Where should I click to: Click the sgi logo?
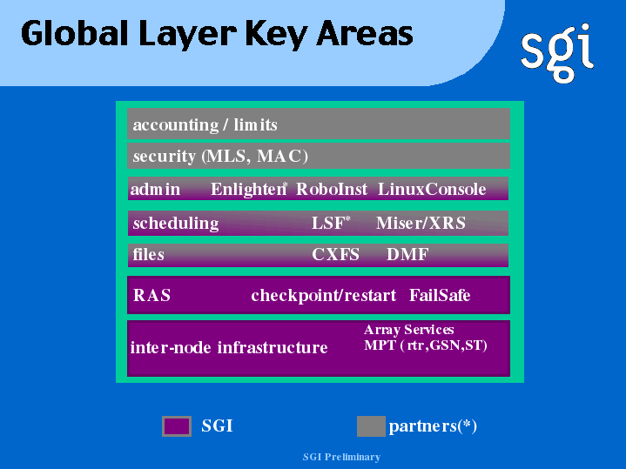point(557,53)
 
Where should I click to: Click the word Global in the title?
point(74,34)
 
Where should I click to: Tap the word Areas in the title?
point(365,34)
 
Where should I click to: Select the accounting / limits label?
point(205,125)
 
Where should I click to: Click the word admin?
point(155,189)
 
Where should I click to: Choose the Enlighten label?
point(248,189)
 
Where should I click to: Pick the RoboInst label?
point(332,189)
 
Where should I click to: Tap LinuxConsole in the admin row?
point(432,189)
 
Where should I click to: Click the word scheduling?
point(176,224)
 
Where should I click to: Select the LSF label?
point(331,223)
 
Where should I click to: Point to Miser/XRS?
point(421,223)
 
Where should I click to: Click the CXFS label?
point(335,254)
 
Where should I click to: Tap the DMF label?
point(407,254)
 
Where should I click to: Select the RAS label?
point(151,295)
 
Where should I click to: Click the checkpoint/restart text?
point(323,296)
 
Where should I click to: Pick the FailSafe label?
point(440,295)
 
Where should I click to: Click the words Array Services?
point(409,330)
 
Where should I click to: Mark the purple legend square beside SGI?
point(177,426)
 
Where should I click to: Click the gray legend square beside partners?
point(371,426)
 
